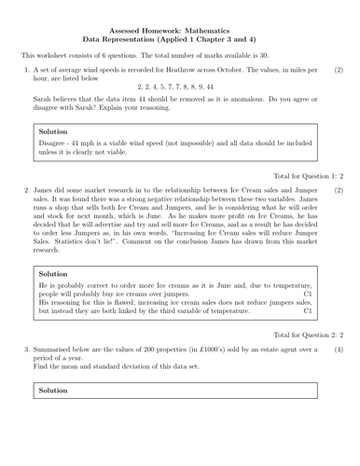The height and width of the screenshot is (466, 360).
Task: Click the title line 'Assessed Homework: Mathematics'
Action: click(x=180, y=30)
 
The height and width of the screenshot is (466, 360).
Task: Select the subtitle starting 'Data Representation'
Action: click(x=180, y=40)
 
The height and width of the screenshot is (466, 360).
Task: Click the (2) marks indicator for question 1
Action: click(x=339, y=71)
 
